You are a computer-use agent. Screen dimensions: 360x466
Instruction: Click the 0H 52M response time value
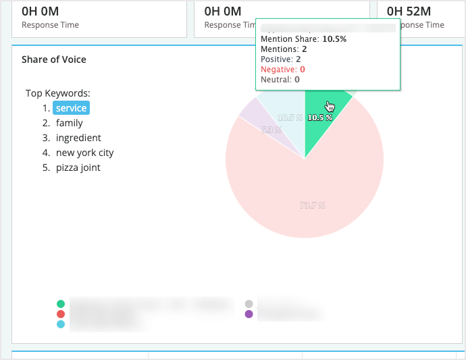point(410,11)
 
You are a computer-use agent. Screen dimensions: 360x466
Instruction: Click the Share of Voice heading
point(54,59)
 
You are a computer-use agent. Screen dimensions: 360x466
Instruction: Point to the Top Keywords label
point(58,93)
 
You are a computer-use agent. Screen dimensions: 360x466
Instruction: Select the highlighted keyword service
point(71,108)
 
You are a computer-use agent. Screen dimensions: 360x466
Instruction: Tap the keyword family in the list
point(70,123)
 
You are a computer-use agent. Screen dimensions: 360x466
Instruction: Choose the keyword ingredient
point(78,138)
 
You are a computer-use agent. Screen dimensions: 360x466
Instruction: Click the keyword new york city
point(85,153)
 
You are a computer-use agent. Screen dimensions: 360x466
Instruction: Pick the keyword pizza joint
point(78,168)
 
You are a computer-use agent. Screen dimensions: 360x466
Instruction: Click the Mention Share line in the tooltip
point(303,39)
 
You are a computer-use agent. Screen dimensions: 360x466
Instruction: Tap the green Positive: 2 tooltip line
point(280,59)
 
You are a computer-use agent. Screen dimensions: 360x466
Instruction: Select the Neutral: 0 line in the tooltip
point(280,79)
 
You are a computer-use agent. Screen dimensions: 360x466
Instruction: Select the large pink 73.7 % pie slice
point(311,196)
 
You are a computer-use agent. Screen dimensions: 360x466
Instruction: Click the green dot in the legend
point(61,304)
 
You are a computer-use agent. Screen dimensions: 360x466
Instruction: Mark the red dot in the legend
point(61,314)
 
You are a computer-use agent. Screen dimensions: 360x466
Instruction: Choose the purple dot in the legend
point(249,314)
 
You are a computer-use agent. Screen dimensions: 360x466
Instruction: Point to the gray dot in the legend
point(249,304)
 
